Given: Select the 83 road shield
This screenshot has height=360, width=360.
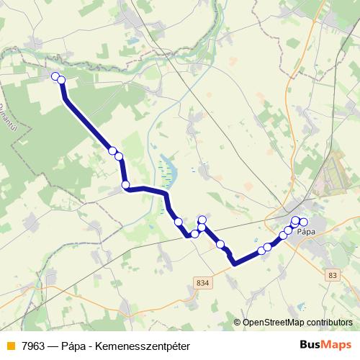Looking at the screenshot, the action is [x=332, y=275].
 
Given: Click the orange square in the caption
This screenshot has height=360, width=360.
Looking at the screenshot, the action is [x=9, y=346].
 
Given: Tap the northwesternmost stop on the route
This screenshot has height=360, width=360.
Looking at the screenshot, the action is [x=55, y=76].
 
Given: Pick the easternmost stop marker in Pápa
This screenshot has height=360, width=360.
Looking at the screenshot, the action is [x=303, y=222].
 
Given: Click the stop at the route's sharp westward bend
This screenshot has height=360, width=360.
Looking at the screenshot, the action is [x=126, y=185].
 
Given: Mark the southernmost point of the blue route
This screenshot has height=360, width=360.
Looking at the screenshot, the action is [x=235, y=264].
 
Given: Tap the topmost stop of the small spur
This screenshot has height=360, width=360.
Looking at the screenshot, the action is [x=202, y=220].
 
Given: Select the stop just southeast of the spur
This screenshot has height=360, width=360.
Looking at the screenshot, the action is [x=220, y=244].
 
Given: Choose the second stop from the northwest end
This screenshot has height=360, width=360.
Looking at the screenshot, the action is [x=61, y=80].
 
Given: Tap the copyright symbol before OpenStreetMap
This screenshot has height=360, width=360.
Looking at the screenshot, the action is [x=238, y=323].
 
